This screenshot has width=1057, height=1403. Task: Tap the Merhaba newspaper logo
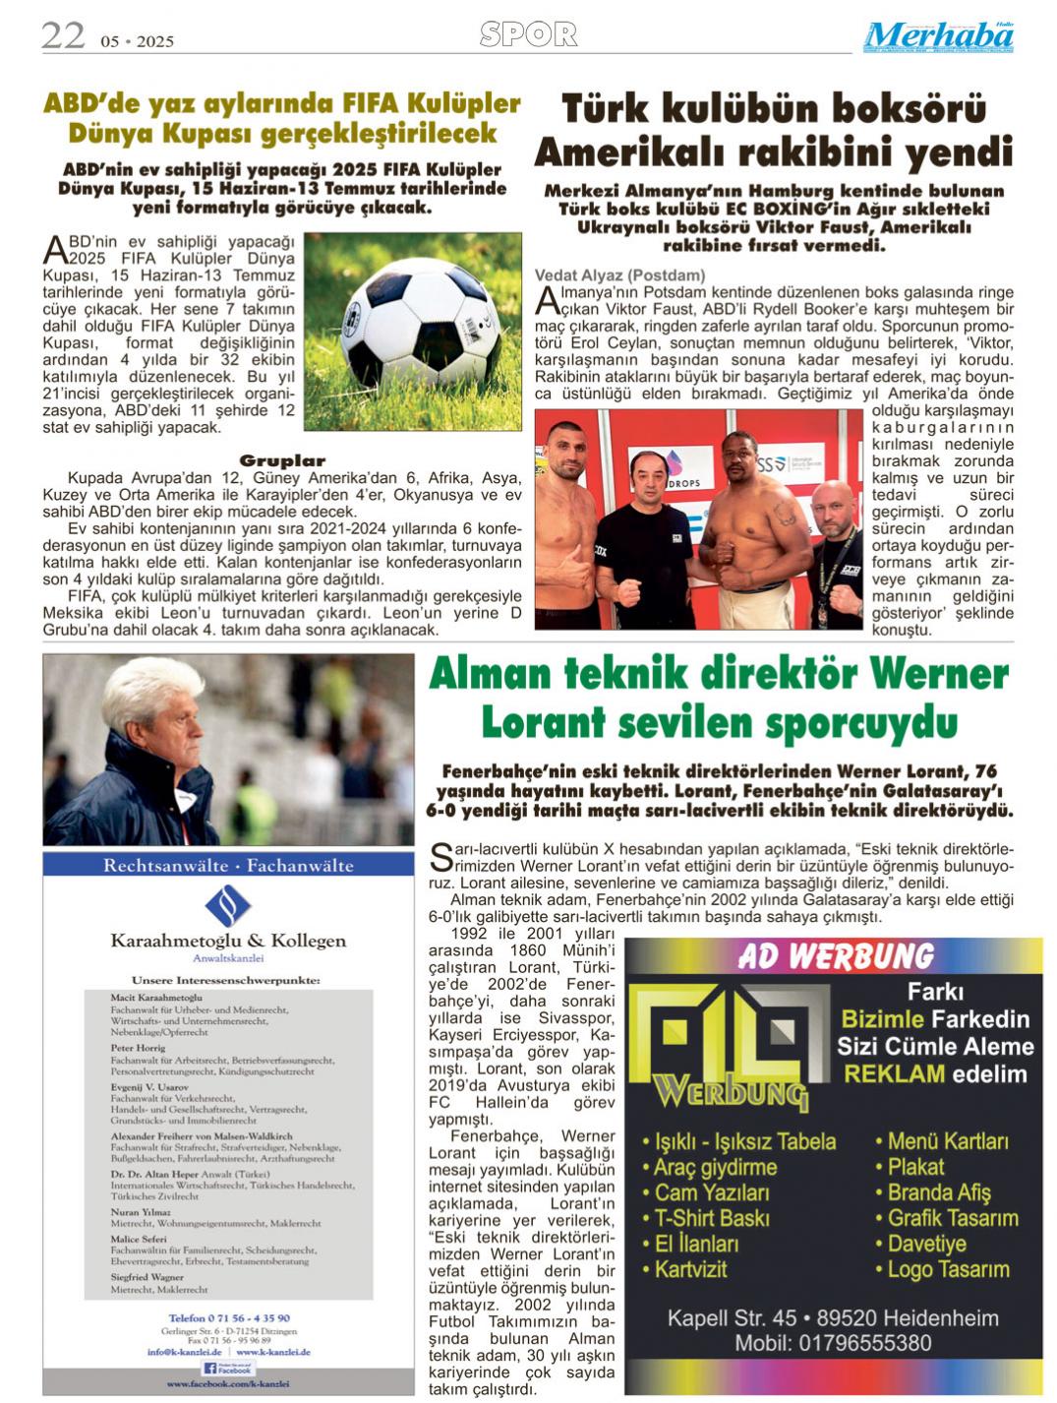938,37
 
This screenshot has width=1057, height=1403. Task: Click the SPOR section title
528,35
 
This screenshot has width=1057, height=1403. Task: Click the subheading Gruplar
282,460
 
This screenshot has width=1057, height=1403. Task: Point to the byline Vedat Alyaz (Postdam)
619,275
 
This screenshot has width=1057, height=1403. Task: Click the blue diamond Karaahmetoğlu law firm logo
228,905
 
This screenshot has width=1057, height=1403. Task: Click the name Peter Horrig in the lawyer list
138,1049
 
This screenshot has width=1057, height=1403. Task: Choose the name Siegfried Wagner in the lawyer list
147,1277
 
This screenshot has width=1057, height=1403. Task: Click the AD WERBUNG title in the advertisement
835,956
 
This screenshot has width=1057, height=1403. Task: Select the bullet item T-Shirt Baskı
711,1218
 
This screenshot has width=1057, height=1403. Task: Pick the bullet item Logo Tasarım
947,1269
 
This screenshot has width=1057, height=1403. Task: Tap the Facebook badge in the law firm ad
228,1369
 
